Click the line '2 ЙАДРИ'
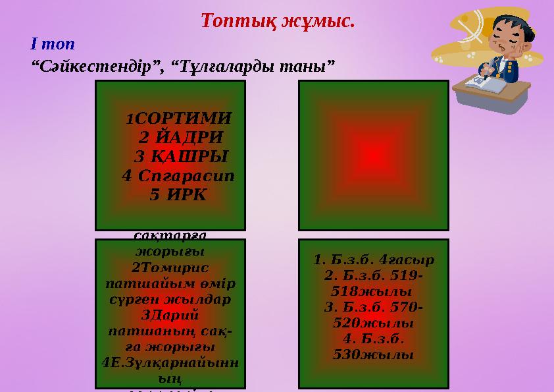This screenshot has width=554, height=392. (x=180, y=138)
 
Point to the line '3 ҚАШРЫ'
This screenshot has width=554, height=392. (x=180, y=157)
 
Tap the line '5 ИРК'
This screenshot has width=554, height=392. (x=178, y=195)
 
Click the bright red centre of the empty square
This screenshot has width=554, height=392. (x=373, y=154)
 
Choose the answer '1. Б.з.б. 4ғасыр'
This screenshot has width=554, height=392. (x=373, y=259)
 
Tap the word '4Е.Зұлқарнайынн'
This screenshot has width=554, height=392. (x=170, y=361)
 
